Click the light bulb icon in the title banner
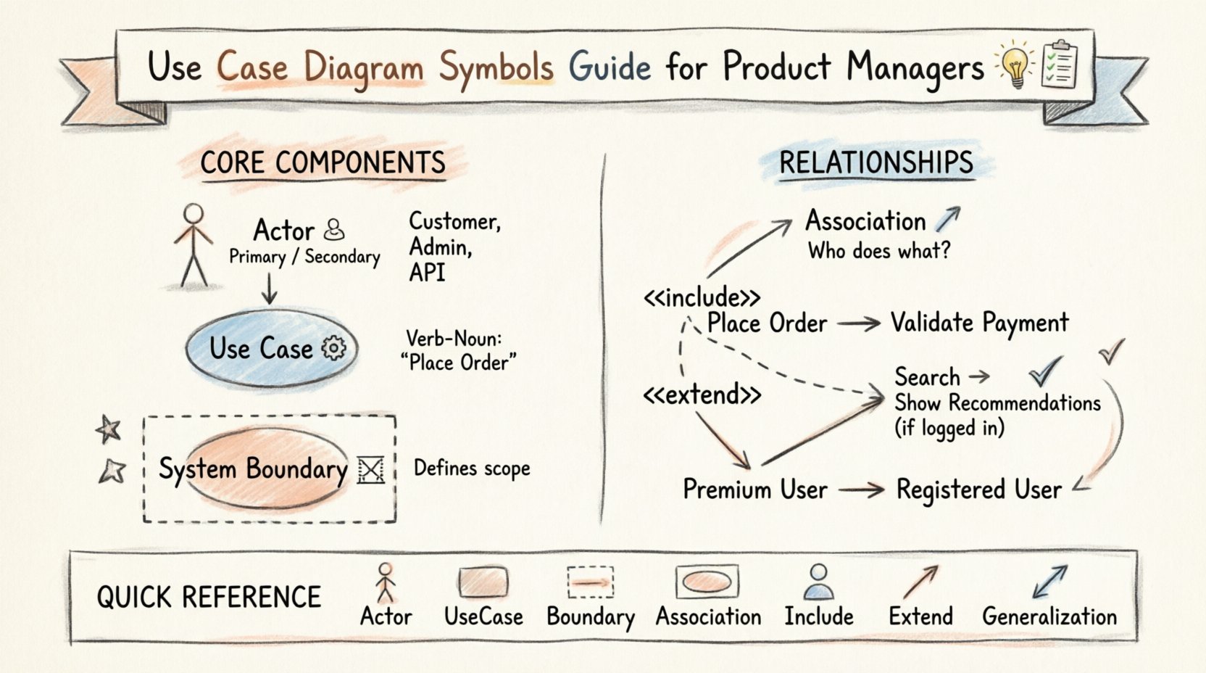[1016, 65]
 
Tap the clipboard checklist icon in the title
[1059, 65]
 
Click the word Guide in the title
[610, 67]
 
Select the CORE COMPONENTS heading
[323, 162]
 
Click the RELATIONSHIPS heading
[876, 162]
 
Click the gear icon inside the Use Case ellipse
[333, 348]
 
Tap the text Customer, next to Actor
[454, 220]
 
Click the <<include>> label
[702, 297]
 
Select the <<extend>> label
[702, 395]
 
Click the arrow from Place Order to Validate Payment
[859, 323]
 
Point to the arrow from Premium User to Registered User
[861, 490]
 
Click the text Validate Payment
[979, 323]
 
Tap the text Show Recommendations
[997, 402]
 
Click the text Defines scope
[472, 468]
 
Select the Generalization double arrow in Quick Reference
[1049, 582]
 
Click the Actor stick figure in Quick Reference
[386, 582]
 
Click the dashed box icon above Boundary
[590, 582]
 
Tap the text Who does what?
[878, 251]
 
